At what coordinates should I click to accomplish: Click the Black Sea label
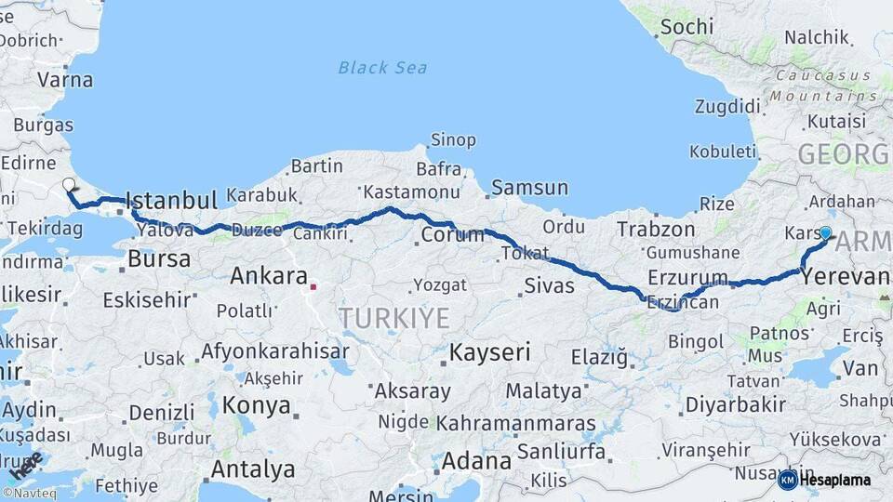382,67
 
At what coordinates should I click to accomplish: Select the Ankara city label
269,276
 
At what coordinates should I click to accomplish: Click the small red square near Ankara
313,287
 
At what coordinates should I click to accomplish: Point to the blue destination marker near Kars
825,232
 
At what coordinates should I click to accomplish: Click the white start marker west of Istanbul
69,185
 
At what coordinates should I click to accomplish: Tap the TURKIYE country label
393,319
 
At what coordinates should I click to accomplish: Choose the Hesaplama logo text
835,480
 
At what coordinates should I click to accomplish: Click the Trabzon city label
656,229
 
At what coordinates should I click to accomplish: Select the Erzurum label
687,277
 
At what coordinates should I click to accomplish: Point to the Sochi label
686,26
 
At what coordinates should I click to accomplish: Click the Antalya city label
252,469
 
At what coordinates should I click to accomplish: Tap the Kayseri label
489,352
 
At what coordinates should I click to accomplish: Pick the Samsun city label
529,187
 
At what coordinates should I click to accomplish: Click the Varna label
65,80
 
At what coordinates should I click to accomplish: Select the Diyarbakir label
734,404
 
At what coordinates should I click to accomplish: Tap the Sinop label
453,140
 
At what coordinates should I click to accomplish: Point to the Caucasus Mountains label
824,86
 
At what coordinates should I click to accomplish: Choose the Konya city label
257,406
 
